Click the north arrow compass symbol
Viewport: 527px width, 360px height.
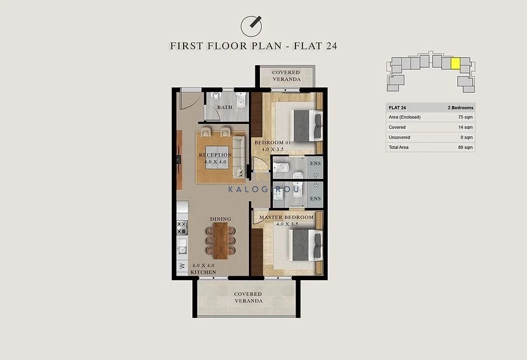point(251,26)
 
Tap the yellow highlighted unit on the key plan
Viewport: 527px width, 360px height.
point(455,63)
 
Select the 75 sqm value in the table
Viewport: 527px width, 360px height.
point(465,117)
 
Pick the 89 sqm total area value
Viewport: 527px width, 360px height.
point(465,147)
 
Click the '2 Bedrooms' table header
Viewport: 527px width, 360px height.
point(461,108)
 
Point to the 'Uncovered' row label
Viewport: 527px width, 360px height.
point(399,137)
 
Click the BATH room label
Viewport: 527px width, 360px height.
point(224,107)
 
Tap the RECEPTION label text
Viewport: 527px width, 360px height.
point(215,155)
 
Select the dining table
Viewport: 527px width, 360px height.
point(220,241)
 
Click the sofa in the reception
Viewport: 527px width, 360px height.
point(238,157)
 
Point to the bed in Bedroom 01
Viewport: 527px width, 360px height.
point(308,126)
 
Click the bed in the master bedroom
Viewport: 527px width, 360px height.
point(306,245)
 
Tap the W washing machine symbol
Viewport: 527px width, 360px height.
point(182,266)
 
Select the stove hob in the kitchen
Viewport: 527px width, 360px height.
point(182,228)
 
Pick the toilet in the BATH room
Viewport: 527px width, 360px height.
point(241,100)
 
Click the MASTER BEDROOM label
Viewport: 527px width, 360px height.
point(286,217)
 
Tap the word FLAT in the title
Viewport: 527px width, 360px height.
point(308,45)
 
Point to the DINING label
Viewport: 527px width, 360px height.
point(220,219)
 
